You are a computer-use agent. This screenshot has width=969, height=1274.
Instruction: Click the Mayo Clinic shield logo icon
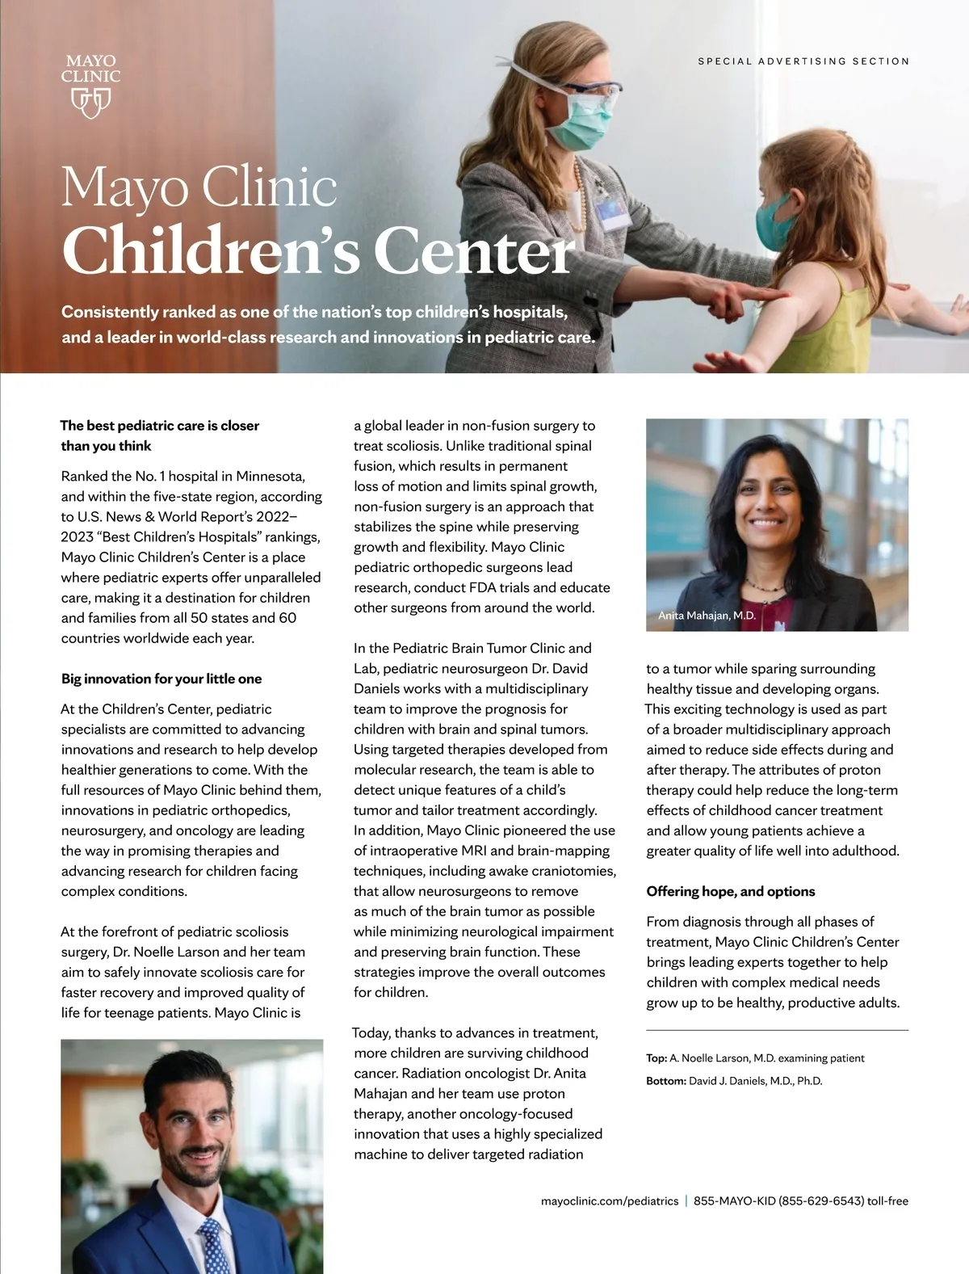coord(90,102)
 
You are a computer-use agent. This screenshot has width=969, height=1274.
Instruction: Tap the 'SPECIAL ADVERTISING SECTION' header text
coord(803,61)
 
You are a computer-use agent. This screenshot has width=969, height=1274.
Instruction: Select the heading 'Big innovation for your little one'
coord(161,679)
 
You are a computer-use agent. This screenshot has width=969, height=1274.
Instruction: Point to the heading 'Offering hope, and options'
coord(731,891)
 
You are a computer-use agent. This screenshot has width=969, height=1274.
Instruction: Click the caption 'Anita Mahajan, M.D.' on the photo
coord(707,616)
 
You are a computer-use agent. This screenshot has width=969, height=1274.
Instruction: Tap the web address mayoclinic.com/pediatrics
coord(610,1201)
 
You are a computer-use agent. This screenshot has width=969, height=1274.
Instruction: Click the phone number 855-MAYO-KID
coord(734,1201)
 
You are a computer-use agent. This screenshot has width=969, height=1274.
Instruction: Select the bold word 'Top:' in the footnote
coord(656,1058)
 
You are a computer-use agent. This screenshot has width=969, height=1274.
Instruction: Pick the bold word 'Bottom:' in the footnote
coord(665,1081)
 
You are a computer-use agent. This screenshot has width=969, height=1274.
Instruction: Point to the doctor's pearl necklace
coord(577,194)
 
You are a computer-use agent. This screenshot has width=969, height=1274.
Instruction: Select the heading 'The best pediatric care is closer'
coord(160,426)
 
